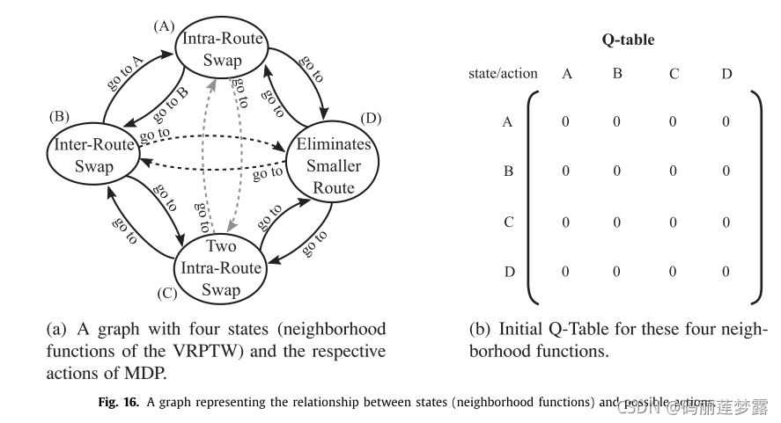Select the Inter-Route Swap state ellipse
tap(93, 155)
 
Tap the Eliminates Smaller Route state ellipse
tap(334, 165)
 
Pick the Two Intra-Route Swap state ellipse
tap(220, 266)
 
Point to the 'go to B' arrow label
tap(170, 103)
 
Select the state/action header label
tap(503, 74)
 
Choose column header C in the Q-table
tap(674, 74)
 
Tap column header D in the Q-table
tap(726, 74)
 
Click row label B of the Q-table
tap(508, 171)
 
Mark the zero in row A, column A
tap(566, 122)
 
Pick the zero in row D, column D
tap(726, 272)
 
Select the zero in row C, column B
tap(617, 222)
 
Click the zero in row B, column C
tap(674, 171)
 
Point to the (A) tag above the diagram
tap(163, 26)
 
